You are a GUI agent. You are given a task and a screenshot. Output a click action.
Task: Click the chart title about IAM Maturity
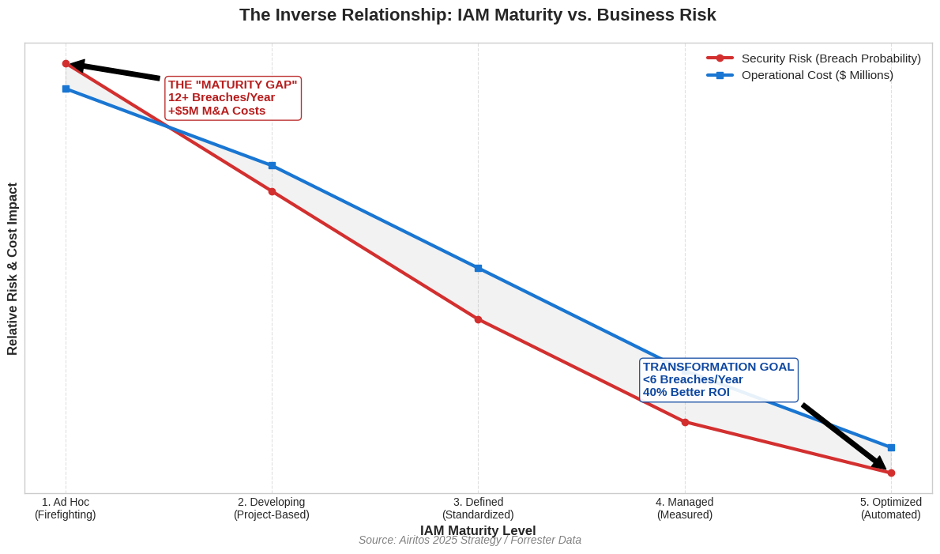tap(477, 15)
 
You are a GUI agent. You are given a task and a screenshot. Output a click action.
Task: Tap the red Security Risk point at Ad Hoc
tap(66, 64)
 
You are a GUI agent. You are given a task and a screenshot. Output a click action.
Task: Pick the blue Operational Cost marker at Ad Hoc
tap(66, 89)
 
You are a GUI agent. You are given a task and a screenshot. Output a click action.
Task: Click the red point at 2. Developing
tap(272, 192)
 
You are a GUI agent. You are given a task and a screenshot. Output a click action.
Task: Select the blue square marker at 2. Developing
tap(272, 166)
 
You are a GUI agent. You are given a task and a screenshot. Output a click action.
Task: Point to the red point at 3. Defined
tap(478, 319)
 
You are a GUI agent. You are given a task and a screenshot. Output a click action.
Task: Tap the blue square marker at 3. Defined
tap(478, 269)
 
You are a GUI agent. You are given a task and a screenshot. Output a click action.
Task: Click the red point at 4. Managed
tap(685, 422)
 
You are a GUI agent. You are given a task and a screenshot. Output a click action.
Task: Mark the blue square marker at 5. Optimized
tap(891, 447)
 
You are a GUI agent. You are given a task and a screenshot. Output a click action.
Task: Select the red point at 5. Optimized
tap(891, 473)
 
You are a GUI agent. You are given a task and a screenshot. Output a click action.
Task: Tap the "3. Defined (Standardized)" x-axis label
tap(478, 508)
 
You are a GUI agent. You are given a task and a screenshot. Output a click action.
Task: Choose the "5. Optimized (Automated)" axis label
tap(891, 508)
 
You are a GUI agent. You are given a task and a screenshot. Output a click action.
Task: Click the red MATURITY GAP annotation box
tap(233, 98)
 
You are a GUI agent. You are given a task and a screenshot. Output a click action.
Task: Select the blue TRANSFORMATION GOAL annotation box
tap(718, 379)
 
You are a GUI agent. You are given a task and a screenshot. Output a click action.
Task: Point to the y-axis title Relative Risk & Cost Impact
tap(13, 269)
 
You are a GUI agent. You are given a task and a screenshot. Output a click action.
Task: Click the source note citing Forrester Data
tap(470, 541)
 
